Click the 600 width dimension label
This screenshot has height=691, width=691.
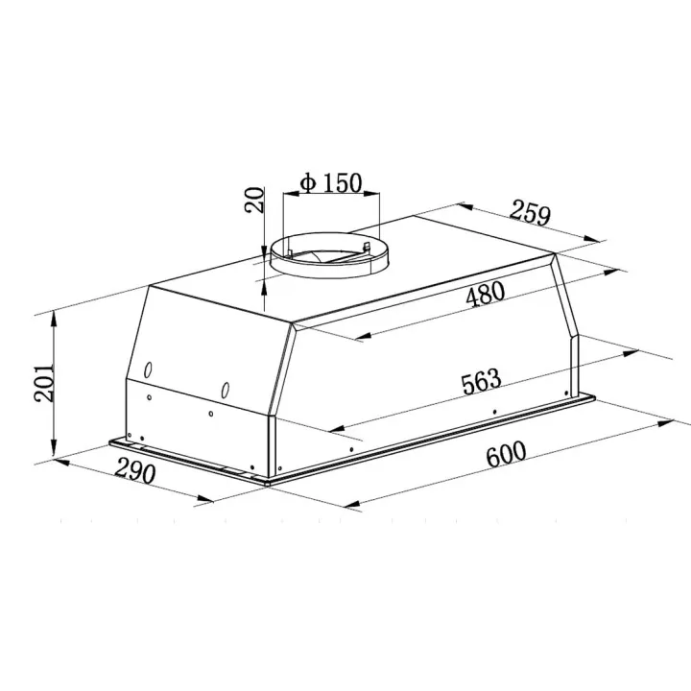click(506, 453)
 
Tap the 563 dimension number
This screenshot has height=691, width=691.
click(481, 382)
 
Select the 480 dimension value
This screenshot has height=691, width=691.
click(486, 294)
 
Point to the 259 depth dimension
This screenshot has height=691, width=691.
click(531, 214)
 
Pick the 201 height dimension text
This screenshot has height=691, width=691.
click(44, 383)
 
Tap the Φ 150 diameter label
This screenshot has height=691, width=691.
click(330, 182)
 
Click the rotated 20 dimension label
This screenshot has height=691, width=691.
click(254, 200)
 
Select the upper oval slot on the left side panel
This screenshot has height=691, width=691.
click(148, 369)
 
